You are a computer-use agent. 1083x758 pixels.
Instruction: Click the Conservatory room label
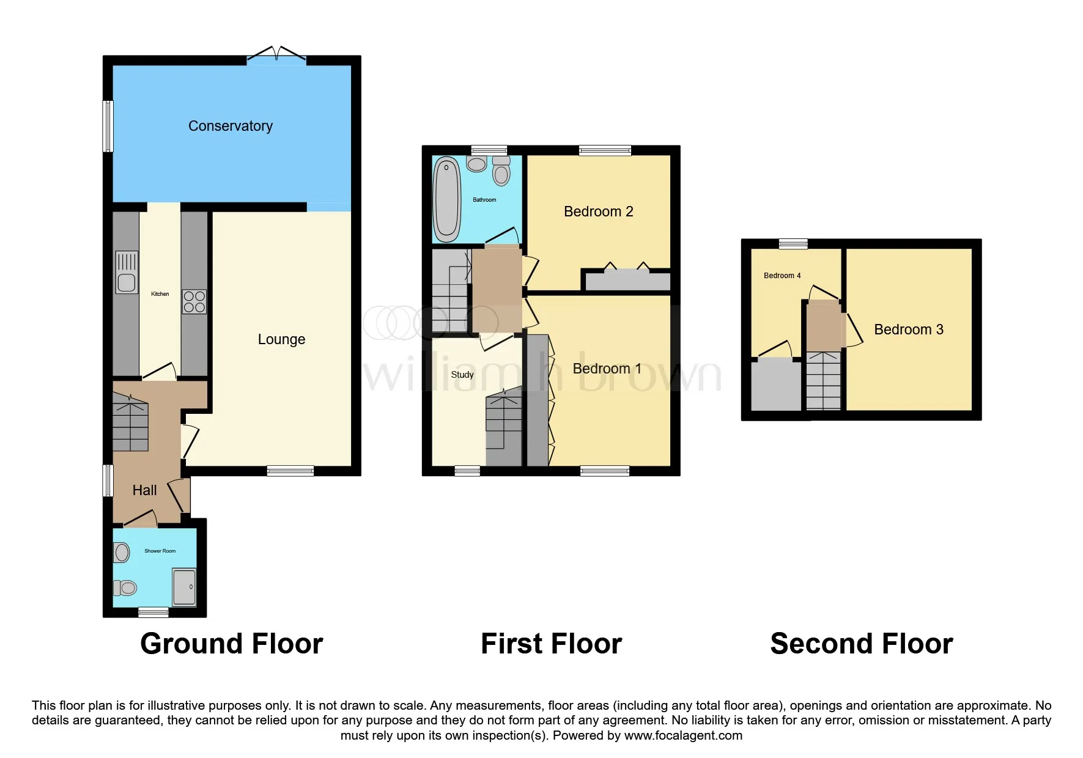pyautogui.click(x=230, y=126)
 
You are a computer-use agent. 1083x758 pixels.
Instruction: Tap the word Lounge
pyautogui.click(x=281, y=339)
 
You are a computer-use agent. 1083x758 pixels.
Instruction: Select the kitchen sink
pyautogui.click(x=127, y=272)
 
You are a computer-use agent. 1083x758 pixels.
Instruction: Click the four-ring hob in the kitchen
pyautogui.click(x=194, y=301)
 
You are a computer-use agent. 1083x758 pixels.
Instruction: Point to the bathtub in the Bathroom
pyautogui.click(x=446, y=199)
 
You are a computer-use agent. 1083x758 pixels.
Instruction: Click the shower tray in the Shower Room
pyautogui.click(x=184, y=587)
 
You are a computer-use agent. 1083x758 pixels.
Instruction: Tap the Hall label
pyautogui.click(x=144, y=490)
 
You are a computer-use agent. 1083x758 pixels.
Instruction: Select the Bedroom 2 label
pyautogui.click(x=598, y=212)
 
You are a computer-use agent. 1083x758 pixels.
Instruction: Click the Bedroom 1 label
pyautogui.click(x=607, y=369)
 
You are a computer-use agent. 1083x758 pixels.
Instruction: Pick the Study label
pyautogui.click(x=462, y=375)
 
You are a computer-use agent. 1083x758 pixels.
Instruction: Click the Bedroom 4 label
pyautogui.click(x=782, y=276)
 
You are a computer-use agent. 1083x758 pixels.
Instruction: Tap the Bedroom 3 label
pyautogui.click(x=908, y=329)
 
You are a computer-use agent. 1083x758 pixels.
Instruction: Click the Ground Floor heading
pyautogui.click(x=231, y=644)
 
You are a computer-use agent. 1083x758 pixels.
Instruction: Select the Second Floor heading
pyautogui.click(x=861, y=644)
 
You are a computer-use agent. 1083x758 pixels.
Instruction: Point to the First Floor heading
pyautogui.click(x=551, y=644)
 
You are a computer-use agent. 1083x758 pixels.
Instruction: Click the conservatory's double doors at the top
pyautogui.click(x=276, y=56)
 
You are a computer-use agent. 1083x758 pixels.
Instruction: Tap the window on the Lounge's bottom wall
pyautogui.click(x=290, y=471)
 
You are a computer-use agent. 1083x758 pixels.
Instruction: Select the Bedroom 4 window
pyautogui.click(x=793, y=244)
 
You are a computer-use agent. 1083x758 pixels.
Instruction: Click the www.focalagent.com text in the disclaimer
pyautogui.click(x=683, y=735)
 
